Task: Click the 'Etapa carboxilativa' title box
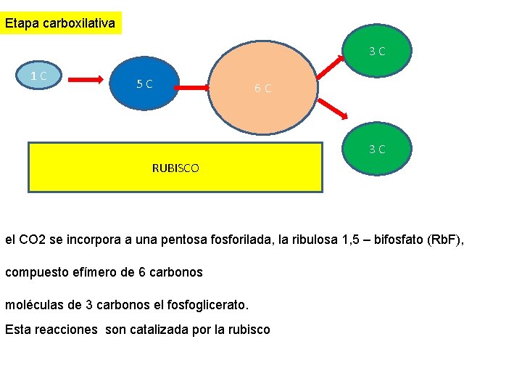(x=61, y=23)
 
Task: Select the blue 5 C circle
(x=144, y=83)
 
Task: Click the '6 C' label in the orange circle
(x=262, y=89)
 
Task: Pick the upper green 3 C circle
(x=376, y=51)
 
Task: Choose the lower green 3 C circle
(x=376, y=149)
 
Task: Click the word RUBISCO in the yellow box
(x=175, y=168)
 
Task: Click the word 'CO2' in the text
(x=31, y=238)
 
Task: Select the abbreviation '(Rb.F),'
(x=442, y=238)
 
